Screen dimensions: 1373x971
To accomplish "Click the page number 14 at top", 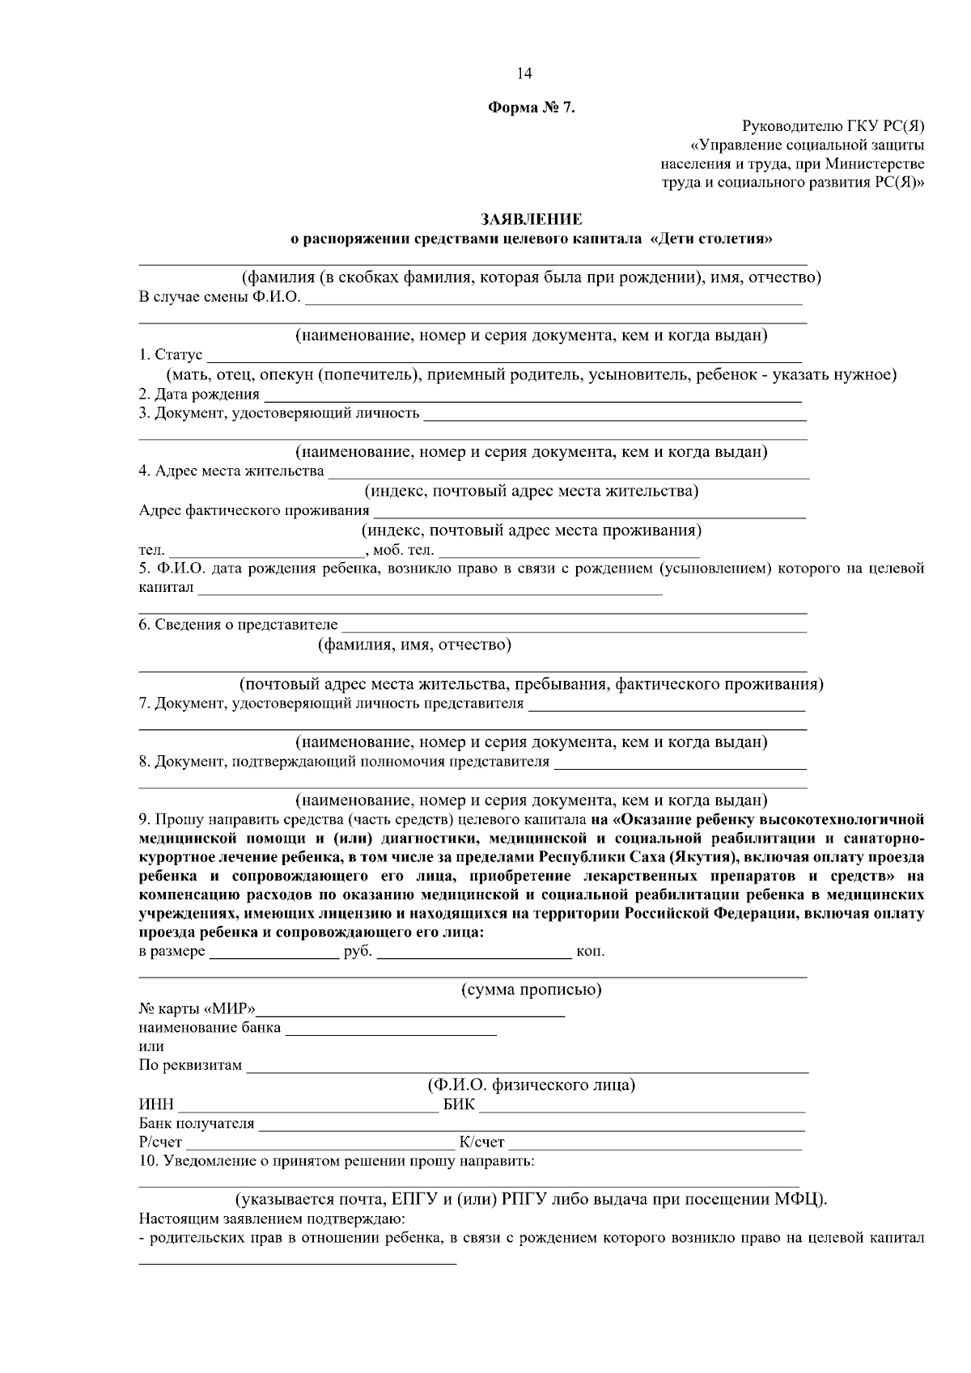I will tap(524, 74).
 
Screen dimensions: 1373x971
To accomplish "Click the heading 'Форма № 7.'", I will tap(531, 108).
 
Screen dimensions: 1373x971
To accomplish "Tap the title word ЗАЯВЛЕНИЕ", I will tap(531, 219).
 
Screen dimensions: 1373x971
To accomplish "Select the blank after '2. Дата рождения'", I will tap(532, 396).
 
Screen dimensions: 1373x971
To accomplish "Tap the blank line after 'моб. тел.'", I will tap(568, 552).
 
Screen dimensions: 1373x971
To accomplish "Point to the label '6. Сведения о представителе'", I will tap(238, 624).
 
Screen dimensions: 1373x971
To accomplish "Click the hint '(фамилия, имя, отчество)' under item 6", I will tap(414, 644).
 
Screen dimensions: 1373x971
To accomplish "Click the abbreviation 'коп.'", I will tap(590, 952).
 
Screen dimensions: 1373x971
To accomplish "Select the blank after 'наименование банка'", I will tap(391, 1030).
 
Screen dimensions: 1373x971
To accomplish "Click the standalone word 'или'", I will tap(151, 1047).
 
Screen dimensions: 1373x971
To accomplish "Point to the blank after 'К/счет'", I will tap(655, 1144).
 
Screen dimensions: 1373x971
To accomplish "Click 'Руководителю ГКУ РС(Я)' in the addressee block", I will tap(833, 125).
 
